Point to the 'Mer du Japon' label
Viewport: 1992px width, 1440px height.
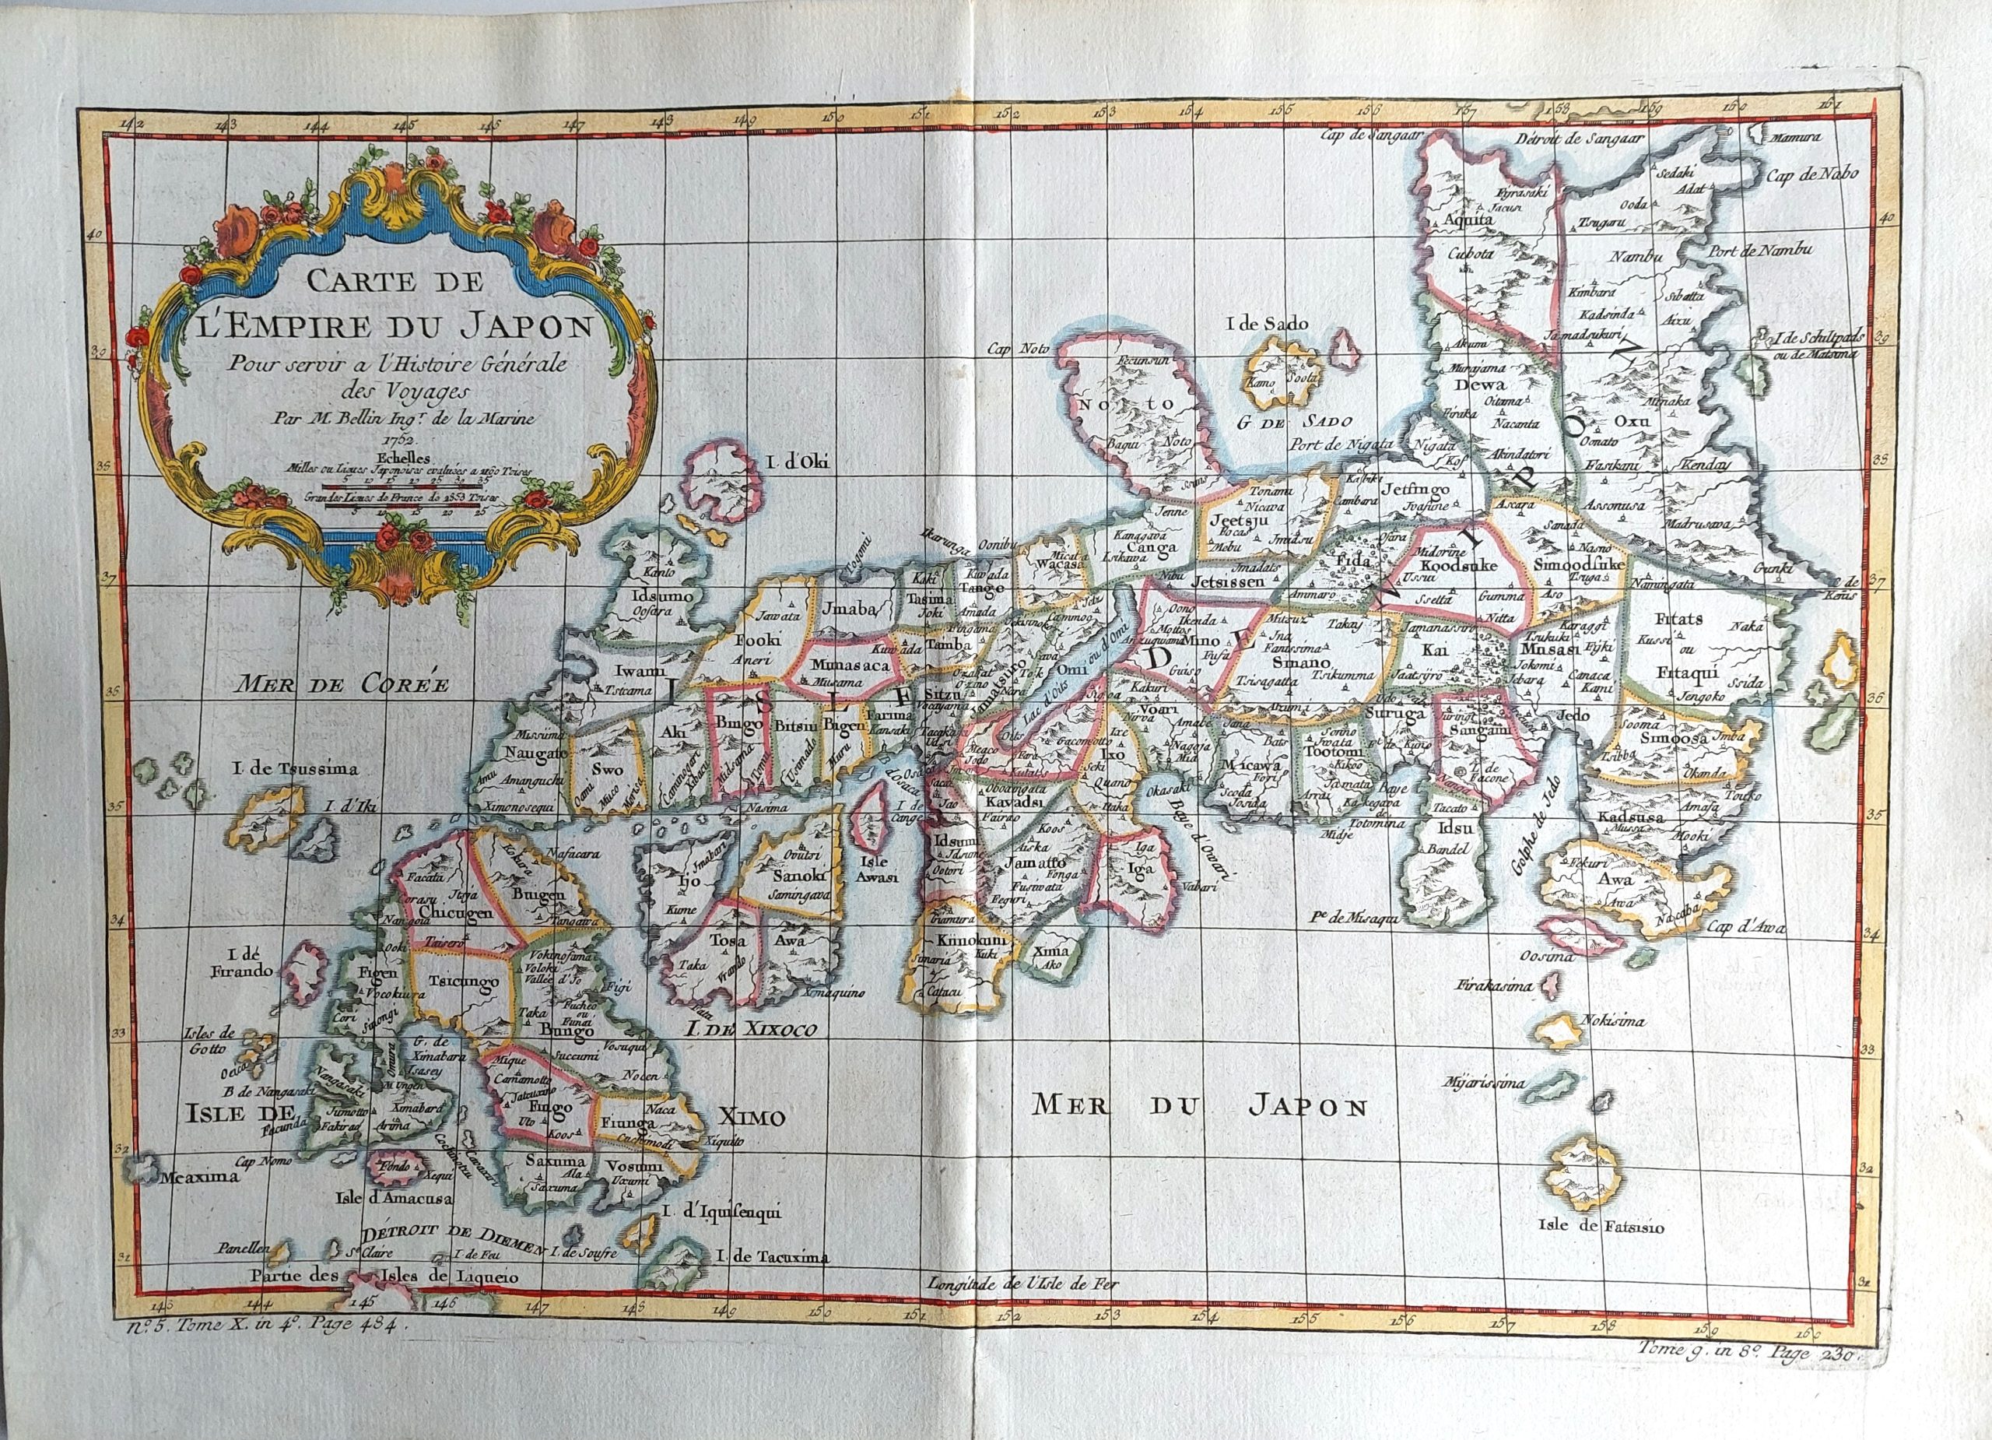click(1200, 1105)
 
